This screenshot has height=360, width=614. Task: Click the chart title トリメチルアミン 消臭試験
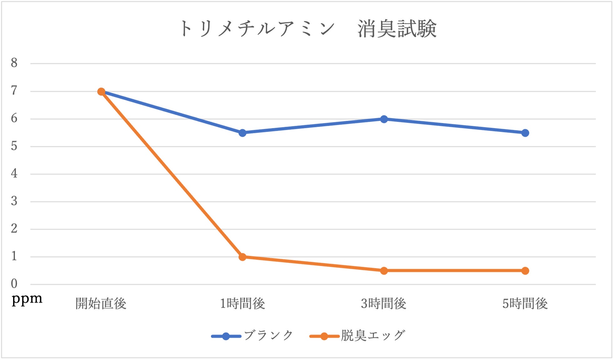308,28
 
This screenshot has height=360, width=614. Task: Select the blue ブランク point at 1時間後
242,133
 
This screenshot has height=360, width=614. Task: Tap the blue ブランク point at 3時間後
384,119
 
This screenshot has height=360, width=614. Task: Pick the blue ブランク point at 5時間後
525,133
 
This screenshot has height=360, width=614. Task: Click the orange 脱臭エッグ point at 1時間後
242,257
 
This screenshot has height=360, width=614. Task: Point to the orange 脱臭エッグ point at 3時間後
384,271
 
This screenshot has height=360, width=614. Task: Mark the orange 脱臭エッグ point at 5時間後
525,271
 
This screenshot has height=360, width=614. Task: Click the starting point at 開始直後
101,91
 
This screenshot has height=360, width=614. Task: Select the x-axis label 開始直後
101,304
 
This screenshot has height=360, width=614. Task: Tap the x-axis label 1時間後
242,304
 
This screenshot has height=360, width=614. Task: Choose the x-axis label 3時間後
384,304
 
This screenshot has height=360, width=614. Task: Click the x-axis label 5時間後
525,304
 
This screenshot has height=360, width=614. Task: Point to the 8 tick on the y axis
14,63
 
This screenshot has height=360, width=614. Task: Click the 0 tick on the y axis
14,284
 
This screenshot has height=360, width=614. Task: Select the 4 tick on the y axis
14,174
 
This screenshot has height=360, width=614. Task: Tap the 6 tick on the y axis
14,119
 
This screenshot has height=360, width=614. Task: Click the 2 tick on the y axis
14,229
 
